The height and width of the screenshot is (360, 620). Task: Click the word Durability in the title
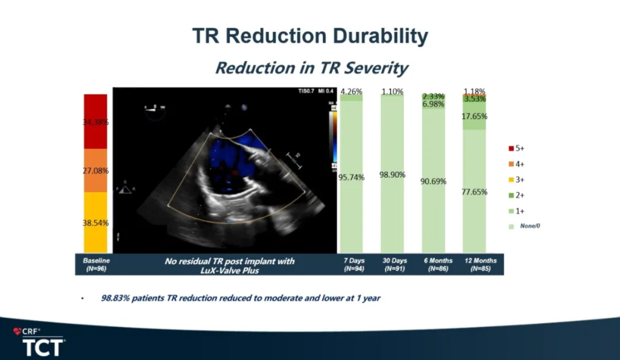click(x=380, y=36)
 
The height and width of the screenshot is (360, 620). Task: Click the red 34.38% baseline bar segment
click(x=95, y=122)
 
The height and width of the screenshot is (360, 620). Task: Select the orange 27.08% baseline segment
click(x=95, y=171)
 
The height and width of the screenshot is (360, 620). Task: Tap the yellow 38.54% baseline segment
click(x=95, y=223)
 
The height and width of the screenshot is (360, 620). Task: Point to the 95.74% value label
click(x=351, y=177)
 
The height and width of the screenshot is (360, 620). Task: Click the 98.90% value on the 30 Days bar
click(x=392, y=175)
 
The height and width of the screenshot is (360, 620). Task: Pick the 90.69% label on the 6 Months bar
click(x=433, y=181)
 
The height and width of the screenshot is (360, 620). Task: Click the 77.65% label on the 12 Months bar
click(x=474, y=192)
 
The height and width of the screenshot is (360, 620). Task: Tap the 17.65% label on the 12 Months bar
click(x=474, y=116)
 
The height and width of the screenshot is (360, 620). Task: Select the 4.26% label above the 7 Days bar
click(x=351, y=91)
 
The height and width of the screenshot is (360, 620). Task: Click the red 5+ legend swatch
click(x=511, y=148)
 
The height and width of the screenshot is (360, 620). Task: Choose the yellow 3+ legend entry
click(x=516, y=180)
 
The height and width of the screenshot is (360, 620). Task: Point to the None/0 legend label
click(x=530, y=226)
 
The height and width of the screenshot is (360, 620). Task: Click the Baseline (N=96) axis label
click(x=96, y=265)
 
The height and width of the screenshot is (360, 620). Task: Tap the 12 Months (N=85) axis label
click(x=480, y=265)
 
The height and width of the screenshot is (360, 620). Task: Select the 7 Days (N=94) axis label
click(x=354, y=265)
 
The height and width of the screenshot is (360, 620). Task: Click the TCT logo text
click(x=43, y=347)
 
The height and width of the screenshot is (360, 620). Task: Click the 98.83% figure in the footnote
click(x=115, y=298)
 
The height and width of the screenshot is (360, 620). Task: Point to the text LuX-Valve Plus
click(x=229, y=270)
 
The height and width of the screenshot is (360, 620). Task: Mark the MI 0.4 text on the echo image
click(x=326, y=91)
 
